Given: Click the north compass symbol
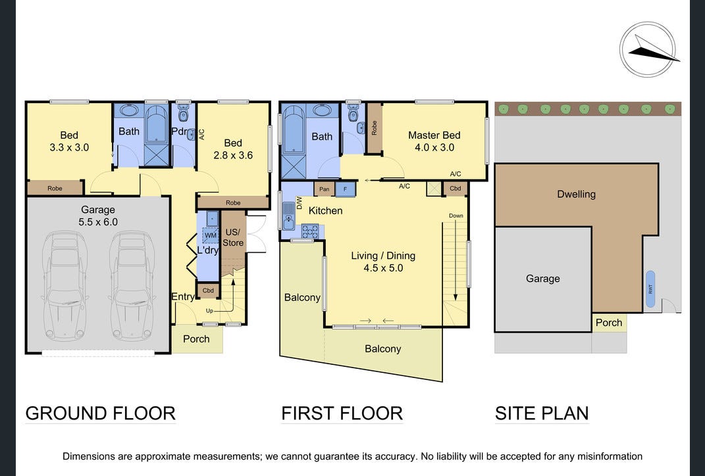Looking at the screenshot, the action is pyautogui.click(x=648, y=49).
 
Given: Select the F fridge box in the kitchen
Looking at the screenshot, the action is pyautogui.click(x=346, y=189).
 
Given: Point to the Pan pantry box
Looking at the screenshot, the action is pyautogui.click(x=324, y=189).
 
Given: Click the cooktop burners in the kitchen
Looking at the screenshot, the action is pyautogui.click(x=310, y=231).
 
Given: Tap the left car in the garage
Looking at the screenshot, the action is pyautogui.click(x=65, y=285).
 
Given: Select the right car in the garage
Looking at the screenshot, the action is pyautogui.click(x=132, y=285).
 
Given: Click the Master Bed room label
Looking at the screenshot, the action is pyautogui.click(x=434, y=135).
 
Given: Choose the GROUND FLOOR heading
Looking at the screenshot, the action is pyautogui.click(x=100, y=414).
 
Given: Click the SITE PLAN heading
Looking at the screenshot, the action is pyautogui.click(x=542, y=414).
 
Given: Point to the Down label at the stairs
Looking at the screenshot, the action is pyautogui.click(x=456, y=216).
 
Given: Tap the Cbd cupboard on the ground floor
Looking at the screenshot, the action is pyautogui.click(x=208, y=291).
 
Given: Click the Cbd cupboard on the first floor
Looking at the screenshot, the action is pyautogui.click(x=456, y=189).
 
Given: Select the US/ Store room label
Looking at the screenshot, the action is pyautogui.click(x=233, y=237).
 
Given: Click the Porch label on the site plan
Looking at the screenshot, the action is pyautogui.click(x=609, y=323).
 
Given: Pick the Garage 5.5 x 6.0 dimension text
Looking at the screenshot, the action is pyautogui.click(x=98, y=222).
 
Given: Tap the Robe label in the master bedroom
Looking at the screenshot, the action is pyautogui.click(x=374, y=128).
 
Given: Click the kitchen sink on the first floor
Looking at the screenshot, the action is pyautogui.click(x=288, y=216).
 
